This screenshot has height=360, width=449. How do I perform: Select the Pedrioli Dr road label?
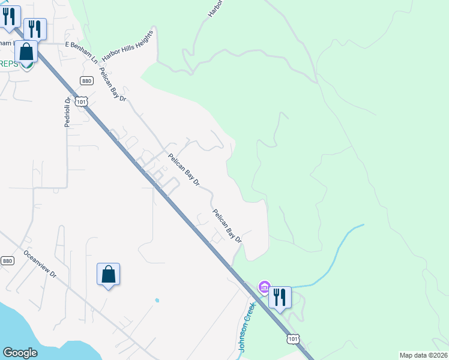(68, 112)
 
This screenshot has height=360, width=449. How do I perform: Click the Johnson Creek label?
(247, 326)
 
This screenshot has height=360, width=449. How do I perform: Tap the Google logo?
(20, 353)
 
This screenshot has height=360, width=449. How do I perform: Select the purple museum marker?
(264, 288)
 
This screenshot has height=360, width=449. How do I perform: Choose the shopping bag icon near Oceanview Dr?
(108, 274)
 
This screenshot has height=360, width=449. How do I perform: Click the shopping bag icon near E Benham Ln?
(26, 52)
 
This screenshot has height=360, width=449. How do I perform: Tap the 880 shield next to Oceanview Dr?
(7, 260)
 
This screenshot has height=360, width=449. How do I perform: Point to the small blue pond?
(157, 300)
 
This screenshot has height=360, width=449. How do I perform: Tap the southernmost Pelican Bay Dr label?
(227, 226)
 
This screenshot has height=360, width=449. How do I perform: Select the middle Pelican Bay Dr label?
(184, 169)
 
